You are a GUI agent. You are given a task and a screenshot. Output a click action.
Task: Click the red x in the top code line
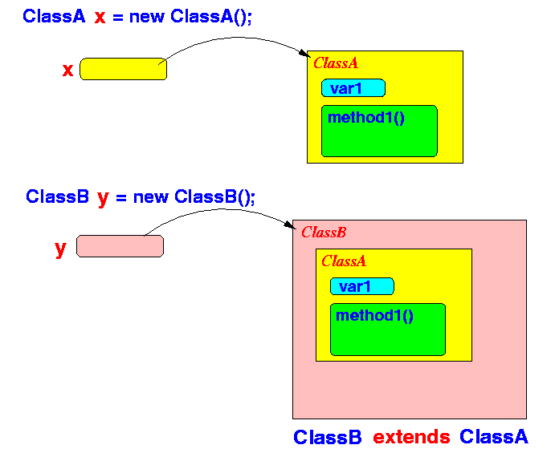click(x=100, y=17)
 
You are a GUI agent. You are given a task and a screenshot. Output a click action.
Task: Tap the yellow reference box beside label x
click(x=124, y=69)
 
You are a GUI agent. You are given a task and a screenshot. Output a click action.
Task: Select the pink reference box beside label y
click(x=120, y=246)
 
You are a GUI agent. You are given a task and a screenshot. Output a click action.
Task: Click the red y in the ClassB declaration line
click(x=103, y=198)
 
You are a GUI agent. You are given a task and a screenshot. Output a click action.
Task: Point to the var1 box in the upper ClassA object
click(x=353, y=87)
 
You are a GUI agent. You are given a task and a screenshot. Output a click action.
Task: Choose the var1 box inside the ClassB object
click(x=362, y=286)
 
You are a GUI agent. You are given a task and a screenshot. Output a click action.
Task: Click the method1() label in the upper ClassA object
click(x=365, y=118)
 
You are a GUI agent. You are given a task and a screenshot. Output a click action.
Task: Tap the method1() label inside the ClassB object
click(x=374, y=315)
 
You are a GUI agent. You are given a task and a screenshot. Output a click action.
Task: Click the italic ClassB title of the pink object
click(x=324, y=233)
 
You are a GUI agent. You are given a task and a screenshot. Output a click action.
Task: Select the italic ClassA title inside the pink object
click(x=344, y=261)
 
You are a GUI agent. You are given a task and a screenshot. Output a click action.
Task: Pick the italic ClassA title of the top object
click(x=336, y=63)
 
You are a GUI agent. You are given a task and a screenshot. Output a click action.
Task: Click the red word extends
click(x=411, y=437)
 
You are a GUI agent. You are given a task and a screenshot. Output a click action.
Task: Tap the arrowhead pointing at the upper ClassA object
click(x=305, y=54)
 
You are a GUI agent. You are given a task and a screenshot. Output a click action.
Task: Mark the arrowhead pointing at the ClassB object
click(x=290, y=225)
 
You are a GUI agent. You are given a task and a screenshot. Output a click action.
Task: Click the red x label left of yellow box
click(x=67, y=70)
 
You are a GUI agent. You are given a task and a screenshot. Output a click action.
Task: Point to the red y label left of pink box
click(x=60, y=249)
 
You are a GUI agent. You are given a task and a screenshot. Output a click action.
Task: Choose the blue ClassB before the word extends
click(x=328, y=437)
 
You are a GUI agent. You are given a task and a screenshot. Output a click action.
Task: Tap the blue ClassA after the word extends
click(x=494, y=437)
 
